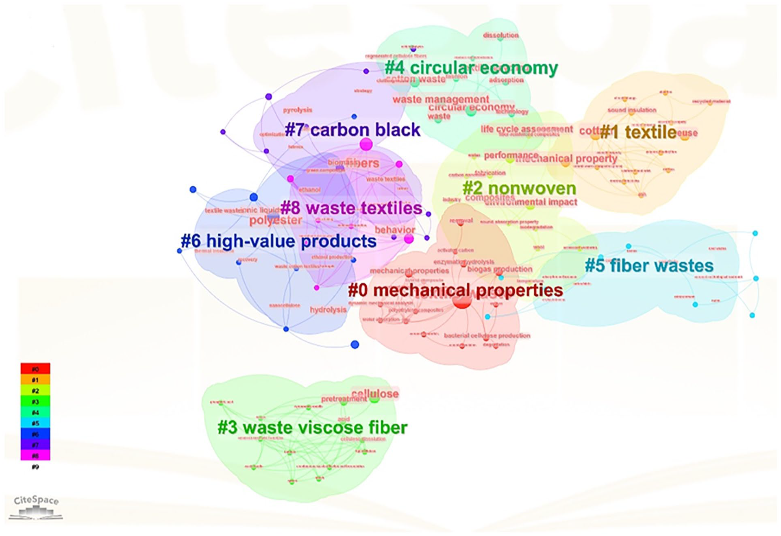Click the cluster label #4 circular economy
pyautogui.click(x=471, y=68)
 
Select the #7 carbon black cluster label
pyautogui.click(x=352, y=130)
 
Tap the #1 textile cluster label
pyautogui.click(x=638, y=132)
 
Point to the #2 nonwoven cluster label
pyautogui.click(x=519, y=188)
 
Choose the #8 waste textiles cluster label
pyautogui.click(x=351, y=208)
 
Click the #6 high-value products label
pyautogui.click(x=278, y=241)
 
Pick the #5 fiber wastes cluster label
pyautogui.click(x=649, y=266)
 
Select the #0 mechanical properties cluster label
pyautogui.click(x=455, y=290)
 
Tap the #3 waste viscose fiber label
pyautogui.click(x=312, y=428)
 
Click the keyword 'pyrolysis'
pyautogui.click(x=298, y=110)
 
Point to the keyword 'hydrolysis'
pyautogui.click(x=328, y=310)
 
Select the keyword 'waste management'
pyautogui.click(x=441, y=99)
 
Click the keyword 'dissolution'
pyautogui.click(x=500, y=35)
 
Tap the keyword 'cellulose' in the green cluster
pyautogui.click(x=375, y=393)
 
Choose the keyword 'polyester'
pyautogui.click(x=276, y=220)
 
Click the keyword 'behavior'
pyautogui.click(x=394, y=230)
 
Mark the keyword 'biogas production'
pyautogui.click(x=499, y=269)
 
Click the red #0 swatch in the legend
pyautogui.click(x=35, y=369)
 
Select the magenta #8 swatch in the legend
pyautogui.click(x=35, y=455)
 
